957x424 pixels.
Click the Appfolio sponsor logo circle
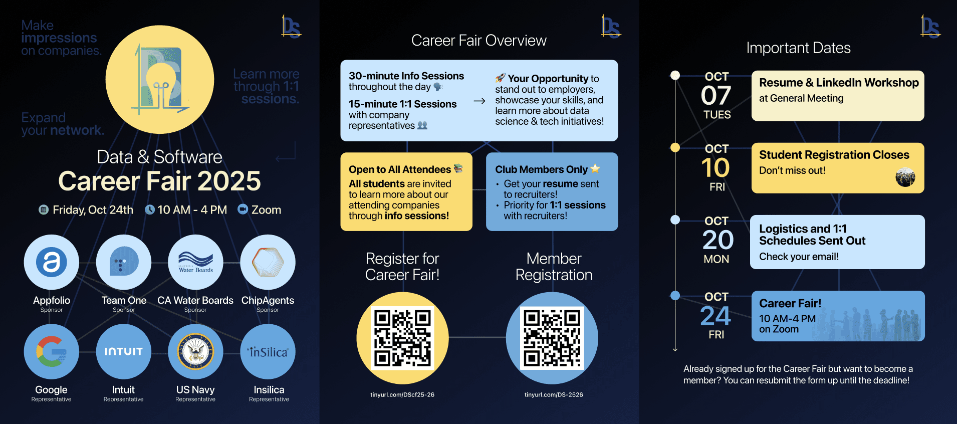52,262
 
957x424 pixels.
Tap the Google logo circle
52,351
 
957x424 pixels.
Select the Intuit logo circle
123,351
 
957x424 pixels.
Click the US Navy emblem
195,351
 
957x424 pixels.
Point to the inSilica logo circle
268,351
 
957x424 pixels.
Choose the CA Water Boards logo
195,262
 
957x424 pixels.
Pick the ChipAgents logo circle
268,262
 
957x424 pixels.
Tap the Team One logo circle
123,262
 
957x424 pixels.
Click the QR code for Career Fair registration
402,338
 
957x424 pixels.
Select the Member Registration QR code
552,338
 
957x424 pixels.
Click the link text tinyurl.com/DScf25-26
402,395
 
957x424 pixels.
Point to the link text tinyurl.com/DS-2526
554,395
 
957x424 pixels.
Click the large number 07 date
716,96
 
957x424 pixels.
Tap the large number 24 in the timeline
716,316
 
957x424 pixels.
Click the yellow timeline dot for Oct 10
675,147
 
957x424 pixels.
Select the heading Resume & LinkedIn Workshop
839,83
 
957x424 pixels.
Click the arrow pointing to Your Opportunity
480,101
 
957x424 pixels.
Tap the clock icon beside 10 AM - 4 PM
149,209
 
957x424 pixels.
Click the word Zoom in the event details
266,210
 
